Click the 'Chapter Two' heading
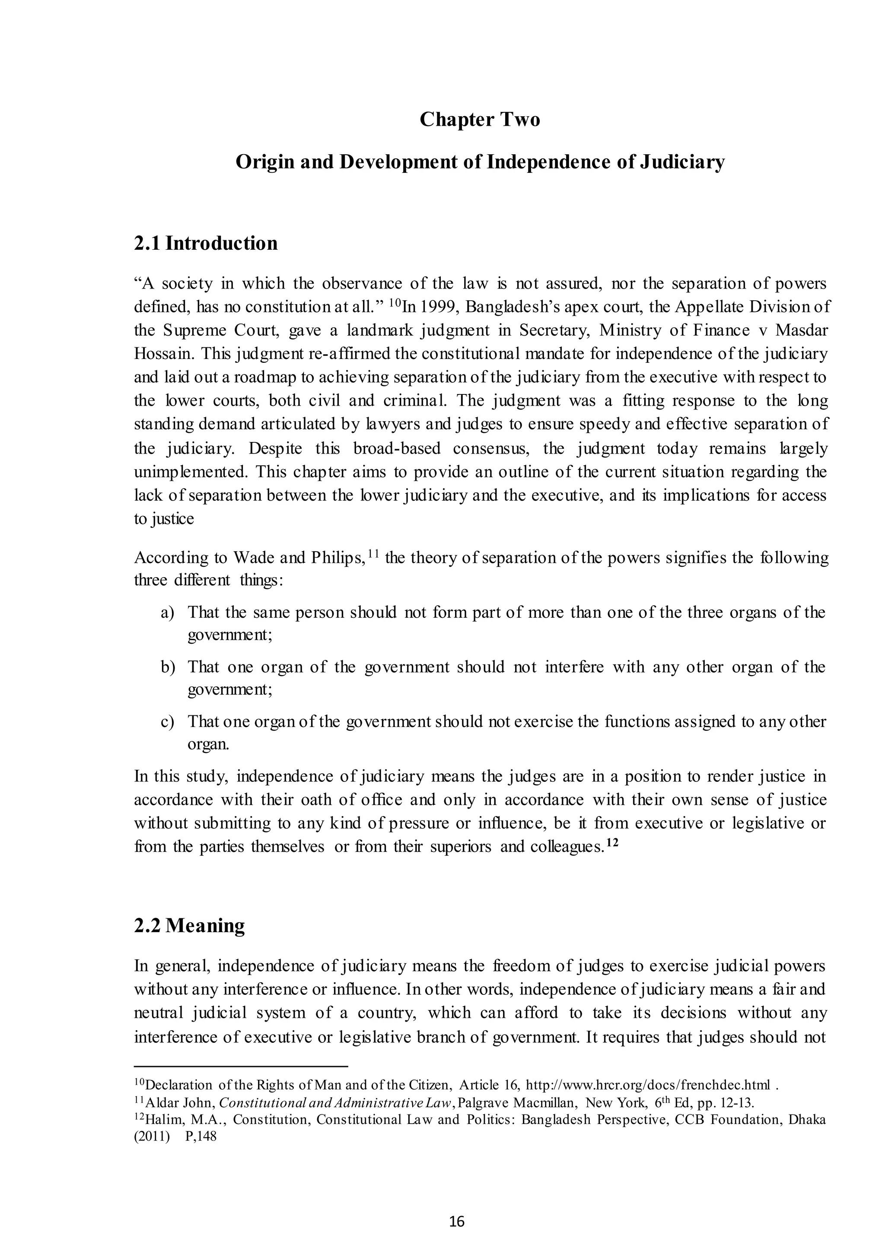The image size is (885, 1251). tap(480, 119)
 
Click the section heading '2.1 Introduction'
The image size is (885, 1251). tap(205, 243)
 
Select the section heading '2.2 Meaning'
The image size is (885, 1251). tap(189, 925)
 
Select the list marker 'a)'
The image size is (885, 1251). tap(167, 613)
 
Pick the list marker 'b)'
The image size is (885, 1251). tap(167, 667)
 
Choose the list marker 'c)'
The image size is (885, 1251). tap(167, 721)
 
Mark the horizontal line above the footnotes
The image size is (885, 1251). tap(240, 1066)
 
